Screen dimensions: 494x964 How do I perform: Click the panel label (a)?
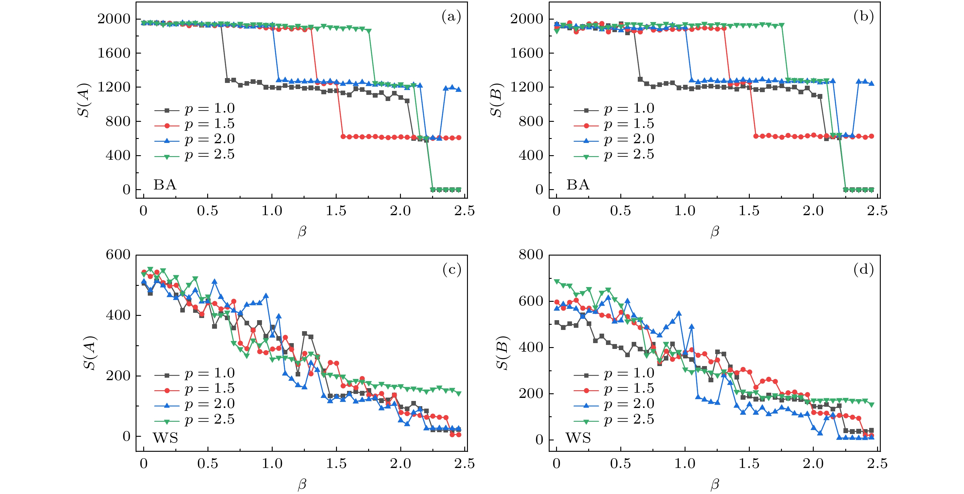tap(451, 17)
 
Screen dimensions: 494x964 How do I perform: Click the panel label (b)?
tap(863, 17)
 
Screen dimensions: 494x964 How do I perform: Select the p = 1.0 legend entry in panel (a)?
tap(195, 109)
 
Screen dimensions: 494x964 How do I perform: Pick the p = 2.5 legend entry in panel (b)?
tap(614, 155)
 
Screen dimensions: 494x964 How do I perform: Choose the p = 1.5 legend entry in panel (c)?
tap(195, 389)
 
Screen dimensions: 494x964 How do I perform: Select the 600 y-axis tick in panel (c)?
tap(118, 255)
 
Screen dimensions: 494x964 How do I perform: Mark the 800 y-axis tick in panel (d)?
tap(531, 255)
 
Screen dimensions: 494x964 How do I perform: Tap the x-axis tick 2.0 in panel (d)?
tap(813, 464)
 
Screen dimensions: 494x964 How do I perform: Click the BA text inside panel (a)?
tap(165, 185)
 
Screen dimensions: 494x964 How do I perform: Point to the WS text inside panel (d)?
tap(578, 438)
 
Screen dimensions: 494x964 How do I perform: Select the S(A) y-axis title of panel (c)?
tap(90, 353)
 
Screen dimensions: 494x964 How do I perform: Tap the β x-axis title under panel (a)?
tap(302, 232)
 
